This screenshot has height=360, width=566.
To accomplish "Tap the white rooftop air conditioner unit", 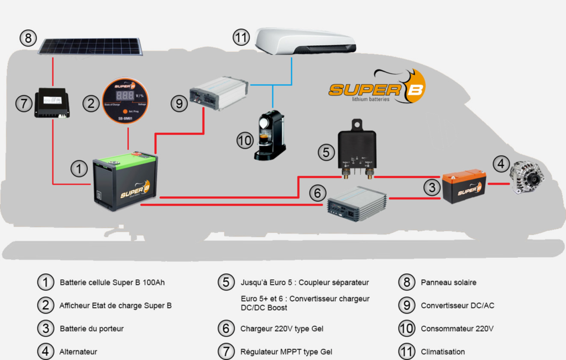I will click(x=307, y=41).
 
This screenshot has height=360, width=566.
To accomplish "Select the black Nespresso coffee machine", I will click(x=270, y=137).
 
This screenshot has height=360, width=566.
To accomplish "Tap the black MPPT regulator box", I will click(x=51, y=103).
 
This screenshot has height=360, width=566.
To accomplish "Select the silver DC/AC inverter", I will click(x=218, y=93).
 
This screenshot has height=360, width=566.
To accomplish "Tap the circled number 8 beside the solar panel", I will click(x=28, y=39).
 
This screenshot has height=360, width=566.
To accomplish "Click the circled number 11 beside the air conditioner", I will click(x=241, y=38).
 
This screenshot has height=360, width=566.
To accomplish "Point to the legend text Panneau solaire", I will click(x=448, y=283).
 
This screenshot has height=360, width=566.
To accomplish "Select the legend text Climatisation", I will click(x=443, y=352).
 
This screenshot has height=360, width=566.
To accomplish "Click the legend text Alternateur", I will click(x=78, y=352).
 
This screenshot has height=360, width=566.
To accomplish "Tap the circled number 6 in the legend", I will click(x=226, y=328).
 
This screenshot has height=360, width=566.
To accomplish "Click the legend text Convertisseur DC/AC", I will click(x=457, y=305).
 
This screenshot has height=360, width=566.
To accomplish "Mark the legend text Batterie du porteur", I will click(x=91, y=328).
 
